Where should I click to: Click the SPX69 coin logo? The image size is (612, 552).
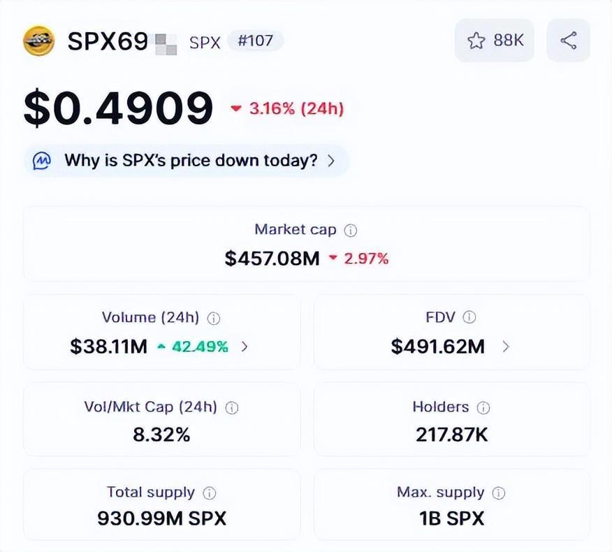click(38, 41)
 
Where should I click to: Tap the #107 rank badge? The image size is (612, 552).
click(255, 41)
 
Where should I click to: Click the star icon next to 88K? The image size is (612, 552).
click(476, 41)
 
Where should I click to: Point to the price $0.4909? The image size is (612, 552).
click(118, 109)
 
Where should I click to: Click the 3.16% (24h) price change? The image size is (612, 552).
click(287, 108)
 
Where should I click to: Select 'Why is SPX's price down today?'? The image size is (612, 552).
click(191, 160)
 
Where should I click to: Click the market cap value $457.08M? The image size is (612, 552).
click(272, 259)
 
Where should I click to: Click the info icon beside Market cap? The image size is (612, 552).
click(351, 230)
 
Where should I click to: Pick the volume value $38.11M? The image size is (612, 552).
click(108, 346)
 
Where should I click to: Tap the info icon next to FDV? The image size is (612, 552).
click(469, 317)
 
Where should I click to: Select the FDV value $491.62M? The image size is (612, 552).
click(437, 346)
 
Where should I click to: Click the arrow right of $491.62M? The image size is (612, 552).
click(506, 346)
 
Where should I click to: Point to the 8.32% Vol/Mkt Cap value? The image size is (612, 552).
click(161, 435)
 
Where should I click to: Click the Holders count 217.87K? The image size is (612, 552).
click(452, 435)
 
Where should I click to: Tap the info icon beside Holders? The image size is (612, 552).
click(483, 407)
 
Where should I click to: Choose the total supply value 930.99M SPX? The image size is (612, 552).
click(161, 518)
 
